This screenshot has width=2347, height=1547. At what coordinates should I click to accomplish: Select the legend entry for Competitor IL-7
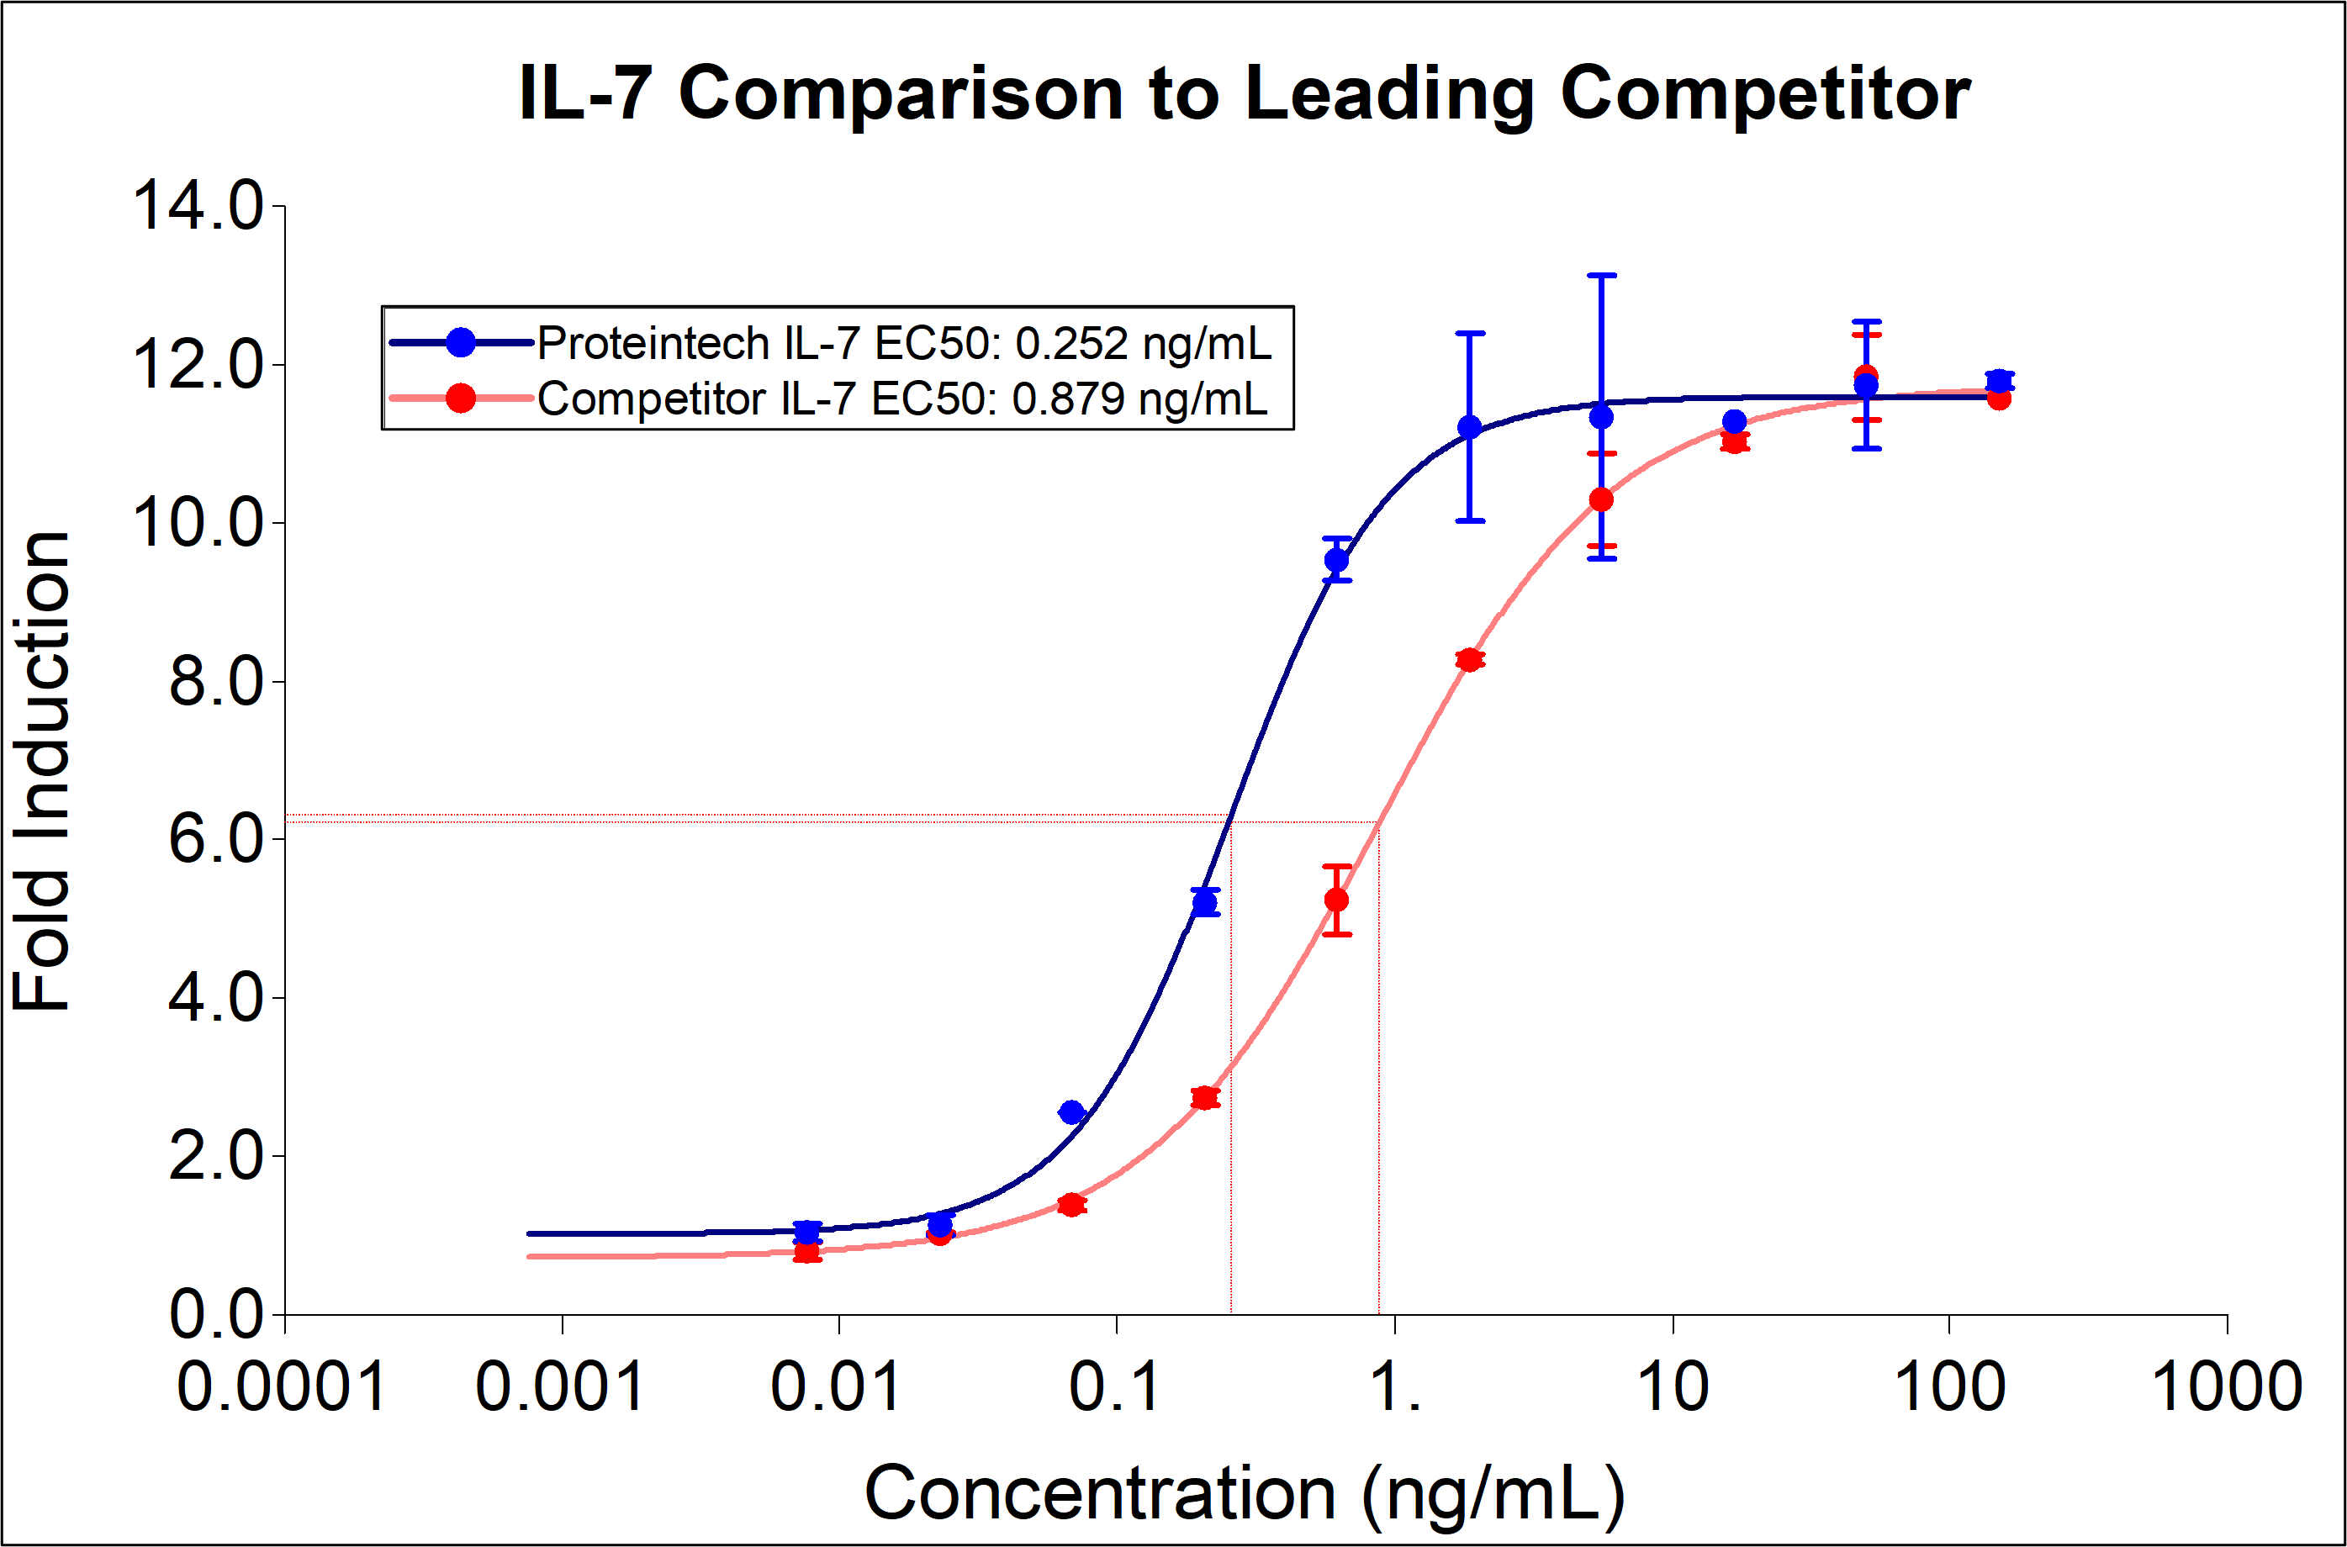pyautogui.click(x=901, y=399)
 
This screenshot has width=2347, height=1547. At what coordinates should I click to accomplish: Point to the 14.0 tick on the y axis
pyautogui.click(x=198, y=206)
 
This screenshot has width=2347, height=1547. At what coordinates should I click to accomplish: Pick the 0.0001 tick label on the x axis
pyautogui.click(x=283, y=1386)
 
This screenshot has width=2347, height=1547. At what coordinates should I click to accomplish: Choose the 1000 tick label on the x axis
pyautogui.click(x=2226, y=1386)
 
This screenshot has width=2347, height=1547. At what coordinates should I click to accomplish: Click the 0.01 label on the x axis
pyautogui.click(x=837, y=1386)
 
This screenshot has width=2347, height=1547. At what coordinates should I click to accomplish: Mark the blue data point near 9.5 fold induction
pyautogui.click(x=1337, y=561)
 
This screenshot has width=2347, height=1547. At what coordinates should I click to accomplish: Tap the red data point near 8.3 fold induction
pyautogui.click(x=1470, y=659)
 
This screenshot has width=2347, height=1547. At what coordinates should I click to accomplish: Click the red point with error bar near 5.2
pyautogui.click(x=1337, y=900)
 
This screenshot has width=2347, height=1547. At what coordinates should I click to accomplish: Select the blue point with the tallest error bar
pyautogui.click(x=1601, y=417)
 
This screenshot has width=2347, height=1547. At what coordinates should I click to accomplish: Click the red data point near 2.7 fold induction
pyautogui.click(x=1204, y=1098)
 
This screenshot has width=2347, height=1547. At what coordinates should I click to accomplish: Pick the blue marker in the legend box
pyautogui.click(x=461, y=343)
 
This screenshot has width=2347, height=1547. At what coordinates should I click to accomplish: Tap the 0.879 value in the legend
pyautogui.click(x=1069, y=399)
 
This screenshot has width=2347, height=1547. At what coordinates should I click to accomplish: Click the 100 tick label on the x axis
pyautogui.click(x=1949, y=1386)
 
